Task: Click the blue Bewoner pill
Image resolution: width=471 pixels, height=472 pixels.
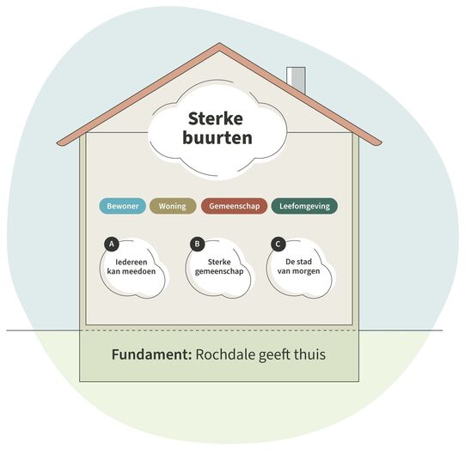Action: click(122, 206)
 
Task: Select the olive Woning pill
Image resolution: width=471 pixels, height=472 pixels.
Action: click(173, 206)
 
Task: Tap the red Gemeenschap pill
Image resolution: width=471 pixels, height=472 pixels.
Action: click(235, 206)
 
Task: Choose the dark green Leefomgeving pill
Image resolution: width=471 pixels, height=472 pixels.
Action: click(304, 206)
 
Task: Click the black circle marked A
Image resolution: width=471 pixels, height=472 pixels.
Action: click(112, 244)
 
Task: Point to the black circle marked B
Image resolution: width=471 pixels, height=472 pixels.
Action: click(198, 244)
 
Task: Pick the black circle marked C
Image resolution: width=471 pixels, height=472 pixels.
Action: click(278, 244)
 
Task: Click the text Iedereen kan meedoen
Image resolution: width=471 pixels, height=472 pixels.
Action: click(132, 267)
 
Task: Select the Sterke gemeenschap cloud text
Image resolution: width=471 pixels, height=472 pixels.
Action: click(219, 267)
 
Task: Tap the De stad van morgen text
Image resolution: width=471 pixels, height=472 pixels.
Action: click(298, 266)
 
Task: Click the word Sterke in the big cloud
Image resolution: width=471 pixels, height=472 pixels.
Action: click(216, 118)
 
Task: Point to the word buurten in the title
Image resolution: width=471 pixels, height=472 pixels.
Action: click(217, 138)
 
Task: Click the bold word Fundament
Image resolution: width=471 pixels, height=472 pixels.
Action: click(151, 354)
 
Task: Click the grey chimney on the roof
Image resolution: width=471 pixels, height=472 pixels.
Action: click(296, 80)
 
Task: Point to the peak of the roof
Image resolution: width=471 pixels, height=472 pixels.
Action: click(219, 44)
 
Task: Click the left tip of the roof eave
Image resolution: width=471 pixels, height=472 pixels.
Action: click(58, 143)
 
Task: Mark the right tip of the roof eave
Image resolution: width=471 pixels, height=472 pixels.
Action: click(382, 143)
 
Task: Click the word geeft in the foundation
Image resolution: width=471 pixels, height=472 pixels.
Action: click(274, 354)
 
